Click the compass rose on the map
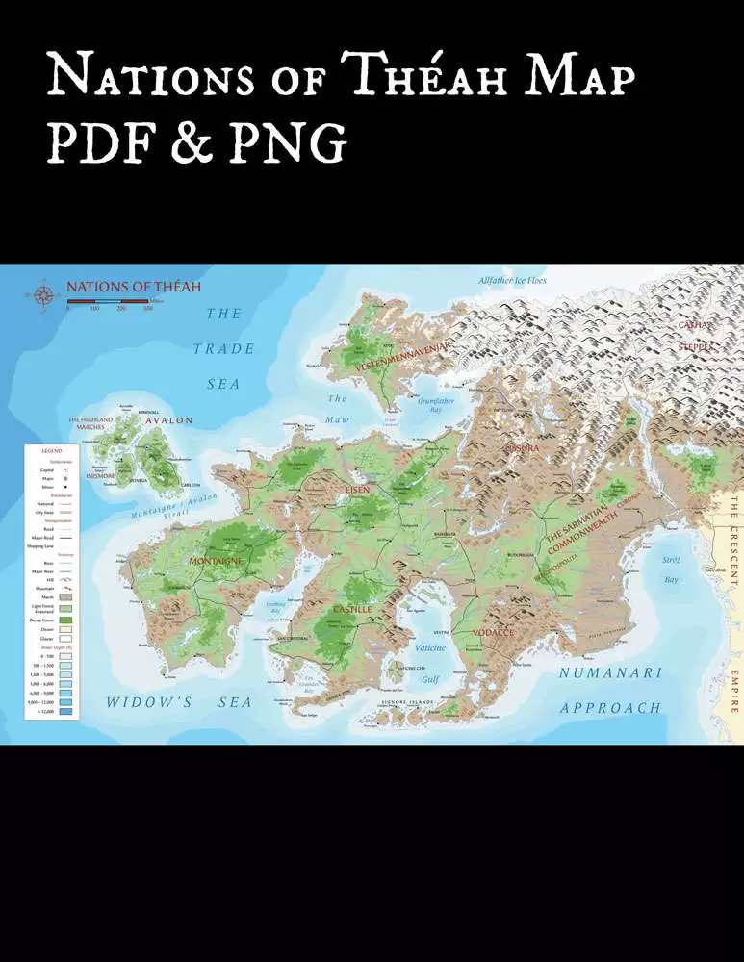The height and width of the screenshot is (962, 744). click(42, 295)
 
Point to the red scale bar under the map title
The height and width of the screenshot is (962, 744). click(107, 302)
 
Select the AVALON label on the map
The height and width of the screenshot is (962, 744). click(169, 420)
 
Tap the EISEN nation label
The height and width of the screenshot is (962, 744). click(357, 490)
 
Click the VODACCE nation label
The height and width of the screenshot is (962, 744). click(493, 632)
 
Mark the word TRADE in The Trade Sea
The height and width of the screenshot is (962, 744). click(223, 349)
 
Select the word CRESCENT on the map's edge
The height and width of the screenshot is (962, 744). click(733, 549)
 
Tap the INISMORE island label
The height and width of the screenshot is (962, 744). click(99, 475)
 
